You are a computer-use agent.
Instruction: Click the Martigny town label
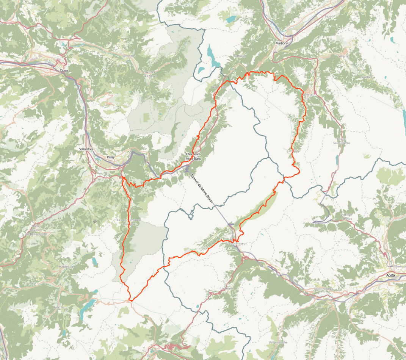tap(281, 43)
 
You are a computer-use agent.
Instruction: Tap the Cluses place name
tap(64, 70)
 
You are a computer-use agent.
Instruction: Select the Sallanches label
tap(86, 149)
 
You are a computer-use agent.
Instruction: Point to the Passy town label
tap(111, 157)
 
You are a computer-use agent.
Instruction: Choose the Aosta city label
tap(390, 275)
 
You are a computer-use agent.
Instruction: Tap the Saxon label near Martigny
tap(329, 16)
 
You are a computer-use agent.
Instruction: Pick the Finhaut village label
tap(240, 56)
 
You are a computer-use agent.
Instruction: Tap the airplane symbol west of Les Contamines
tap(94, 221)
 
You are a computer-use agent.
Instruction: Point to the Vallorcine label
tap(220, 87)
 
